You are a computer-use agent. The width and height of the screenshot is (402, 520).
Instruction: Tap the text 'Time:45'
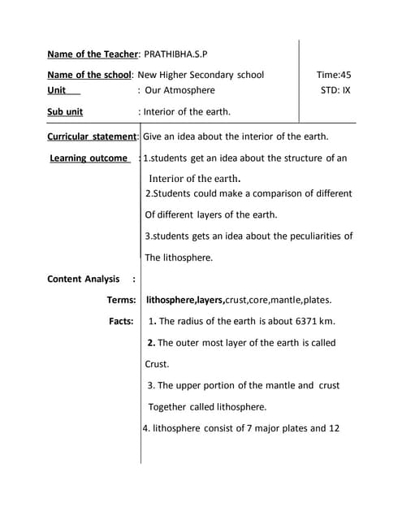pyautogui.click(x=334, y=75)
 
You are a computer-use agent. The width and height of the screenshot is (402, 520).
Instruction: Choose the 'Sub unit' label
pyautogui.click(x=65, y=111)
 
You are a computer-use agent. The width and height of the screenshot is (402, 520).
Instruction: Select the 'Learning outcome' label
pyautogui.click(x=89, y=158)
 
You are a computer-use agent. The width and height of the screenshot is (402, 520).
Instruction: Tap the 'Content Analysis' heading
pyautogui.click(x=84, y=279)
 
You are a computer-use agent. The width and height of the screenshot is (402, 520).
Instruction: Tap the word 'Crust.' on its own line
pyautogui.click(x=158, y=364)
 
